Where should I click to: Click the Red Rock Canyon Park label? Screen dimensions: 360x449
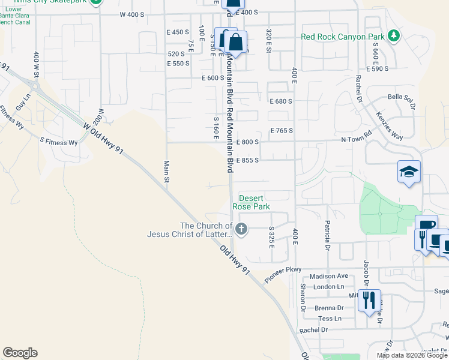coord(342,37)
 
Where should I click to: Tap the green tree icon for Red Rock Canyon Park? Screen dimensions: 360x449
coord(394,36)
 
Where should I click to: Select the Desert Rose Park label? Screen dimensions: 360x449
coord(255,202)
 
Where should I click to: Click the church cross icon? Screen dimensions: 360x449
coord(241,228)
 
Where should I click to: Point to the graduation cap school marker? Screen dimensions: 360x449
coord(409,173)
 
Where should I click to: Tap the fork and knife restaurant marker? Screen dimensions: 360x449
coord(369,299)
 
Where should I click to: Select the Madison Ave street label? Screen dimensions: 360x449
coord(330,276)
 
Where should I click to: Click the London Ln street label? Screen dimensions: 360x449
coord(328,287)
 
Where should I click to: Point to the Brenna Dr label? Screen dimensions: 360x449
coord(331,308)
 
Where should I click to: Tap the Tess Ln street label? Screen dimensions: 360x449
coord(330,319)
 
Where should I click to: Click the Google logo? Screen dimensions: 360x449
coord(20,353)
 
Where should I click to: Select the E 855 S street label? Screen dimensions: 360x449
coord(247,160)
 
